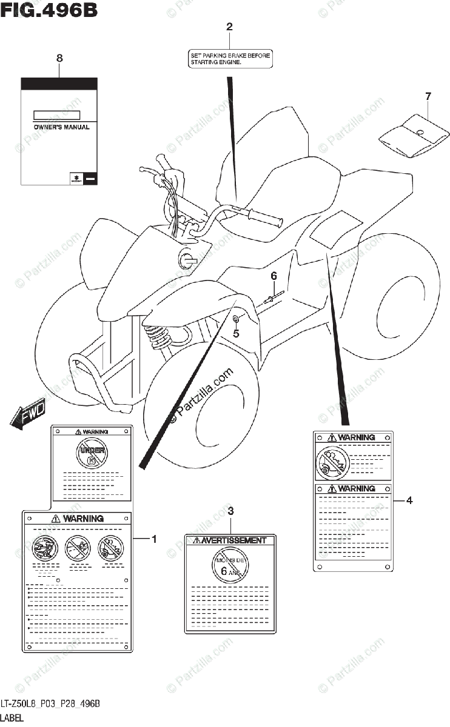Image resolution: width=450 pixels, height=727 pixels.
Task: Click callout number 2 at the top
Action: click(x=229, y=27)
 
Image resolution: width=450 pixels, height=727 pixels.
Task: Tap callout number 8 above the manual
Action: click(x=59, y=58)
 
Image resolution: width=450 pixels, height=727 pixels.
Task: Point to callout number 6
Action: click(x=274, y=276)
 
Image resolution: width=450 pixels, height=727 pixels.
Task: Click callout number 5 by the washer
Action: click(x=237, y=333)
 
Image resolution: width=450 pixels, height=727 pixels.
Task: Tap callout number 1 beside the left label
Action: click(x=154, y=538)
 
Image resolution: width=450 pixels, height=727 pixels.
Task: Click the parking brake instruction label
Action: click(x=229, y=58)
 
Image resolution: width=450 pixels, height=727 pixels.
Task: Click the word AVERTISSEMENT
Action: click(x=233, y=540)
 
